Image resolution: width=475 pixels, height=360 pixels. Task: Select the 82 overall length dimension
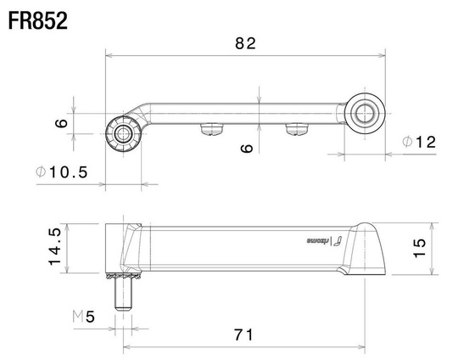[244, 43]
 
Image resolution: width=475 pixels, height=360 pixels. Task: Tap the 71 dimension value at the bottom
[243, 335]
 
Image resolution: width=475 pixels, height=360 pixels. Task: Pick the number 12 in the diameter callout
[426, 143]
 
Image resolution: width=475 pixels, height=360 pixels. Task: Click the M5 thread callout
[86, 318]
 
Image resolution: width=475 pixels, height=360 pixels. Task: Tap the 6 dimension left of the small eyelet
[61, 123]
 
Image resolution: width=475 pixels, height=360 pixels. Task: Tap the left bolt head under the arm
[210, 129]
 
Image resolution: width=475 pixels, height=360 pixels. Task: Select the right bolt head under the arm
[296, 129]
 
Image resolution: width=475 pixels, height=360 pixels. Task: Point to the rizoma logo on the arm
[322, 242]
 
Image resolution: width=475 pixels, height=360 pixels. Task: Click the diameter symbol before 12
[408, 143]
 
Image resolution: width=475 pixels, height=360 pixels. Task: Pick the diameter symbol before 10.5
[41, 172]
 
